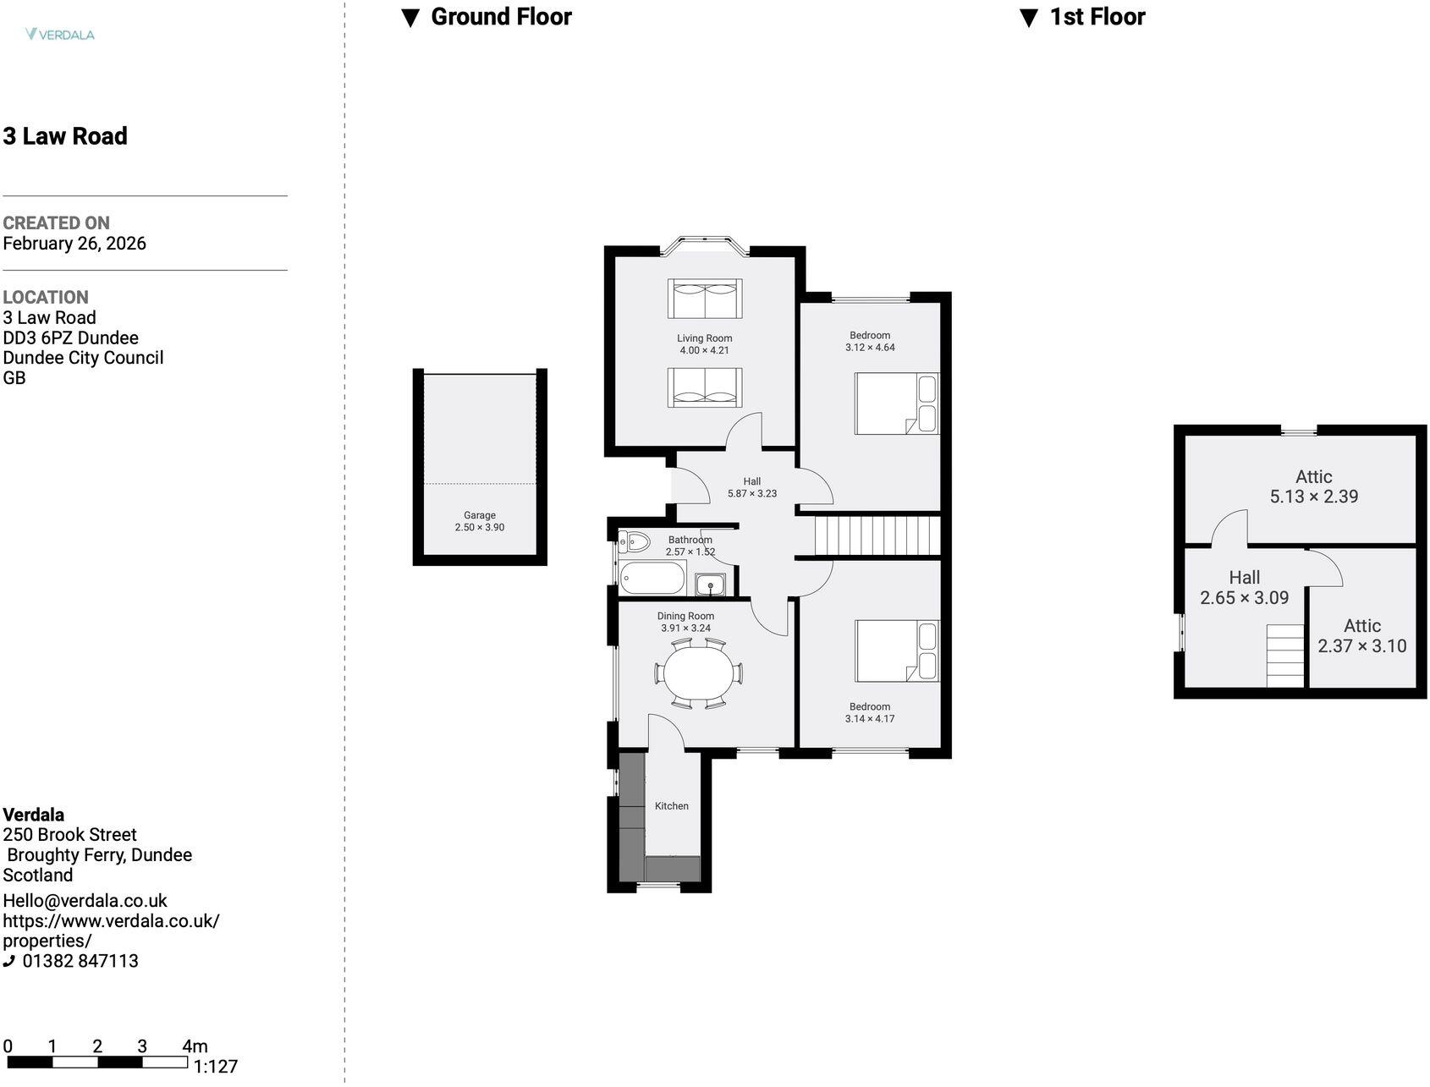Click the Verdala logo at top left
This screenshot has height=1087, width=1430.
tap(59, 35)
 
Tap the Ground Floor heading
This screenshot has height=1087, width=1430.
tap(487, 17)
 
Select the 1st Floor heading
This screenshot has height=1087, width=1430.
tap(1083, 17)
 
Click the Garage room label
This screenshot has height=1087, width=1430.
tap(480, 515)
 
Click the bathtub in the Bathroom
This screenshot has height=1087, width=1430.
tap(652, 579)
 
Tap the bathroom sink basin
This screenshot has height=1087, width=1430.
tap(710, 585)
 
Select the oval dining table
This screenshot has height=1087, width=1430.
tap(699, 673)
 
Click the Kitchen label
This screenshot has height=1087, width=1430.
tap(672, 806)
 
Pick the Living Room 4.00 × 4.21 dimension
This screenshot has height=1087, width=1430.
tap(705, 350)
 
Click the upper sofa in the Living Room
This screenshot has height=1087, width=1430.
tap(705, 299)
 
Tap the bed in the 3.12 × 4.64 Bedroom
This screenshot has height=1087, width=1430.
tap(897, 404)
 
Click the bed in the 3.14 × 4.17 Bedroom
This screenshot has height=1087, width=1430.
tap(897, 651)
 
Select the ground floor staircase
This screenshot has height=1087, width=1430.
tap(877, 535)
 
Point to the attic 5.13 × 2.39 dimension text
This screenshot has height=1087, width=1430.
tap(1314, 497)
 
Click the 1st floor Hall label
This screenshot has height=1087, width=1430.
tap(1245, 578)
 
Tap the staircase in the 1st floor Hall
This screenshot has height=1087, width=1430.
tap(1285, 656)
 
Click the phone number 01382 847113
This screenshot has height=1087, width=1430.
tap(80, 961)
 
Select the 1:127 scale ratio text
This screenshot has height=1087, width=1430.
tap(216, 1067)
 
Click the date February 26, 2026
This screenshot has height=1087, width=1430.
tap(74, 244)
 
